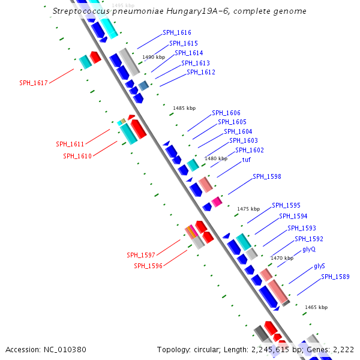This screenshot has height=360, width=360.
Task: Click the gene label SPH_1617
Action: (x=33, y=83)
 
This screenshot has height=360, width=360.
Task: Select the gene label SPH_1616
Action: (x=177, y=32)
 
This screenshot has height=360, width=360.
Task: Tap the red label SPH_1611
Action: (x=70, y=144)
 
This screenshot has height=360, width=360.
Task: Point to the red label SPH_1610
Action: (x=77, y=156)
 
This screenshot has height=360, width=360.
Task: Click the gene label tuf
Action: (x=246, y=160)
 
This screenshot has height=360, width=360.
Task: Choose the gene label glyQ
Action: (x=309, y=249)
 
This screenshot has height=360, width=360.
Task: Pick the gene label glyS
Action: (x=319, y=266)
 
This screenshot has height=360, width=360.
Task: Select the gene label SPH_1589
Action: (x=335, y=277)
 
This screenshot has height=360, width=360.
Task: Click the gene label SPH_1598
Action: (x=266, y=176)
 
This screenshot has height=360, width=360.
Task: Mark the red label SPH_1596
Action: (x=148, y=266)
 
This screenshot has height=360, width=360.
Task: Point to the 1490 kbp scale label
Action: (x=153, y=57)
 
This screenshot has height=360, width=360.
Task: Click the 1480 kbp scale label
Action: (x=216, y=158)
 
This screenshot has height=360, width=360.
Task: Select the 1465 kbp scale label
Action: (x=316, y=307)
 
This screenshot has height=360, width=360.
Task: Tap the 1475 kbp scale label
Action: (x=248, y=209)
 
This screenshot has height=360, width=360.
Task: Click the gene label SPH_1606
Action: (x=226, y=113)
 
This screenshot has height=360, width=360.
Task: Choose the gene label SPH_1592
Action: (x=309, y=239)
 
